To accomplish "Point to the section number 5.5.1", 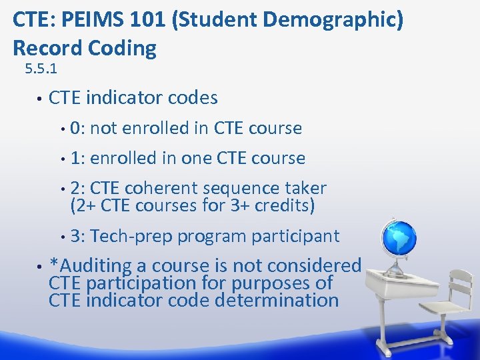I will pos(41,69).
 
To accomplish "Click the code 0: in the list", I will pos(77,128).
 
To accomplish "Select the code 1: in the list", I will pos(77,159).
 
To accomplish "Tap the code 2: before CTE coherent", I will pos(77,189).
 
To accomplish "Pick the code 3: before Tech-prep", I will pos(77,236).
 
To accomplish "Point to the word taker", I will pos(305,189).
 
